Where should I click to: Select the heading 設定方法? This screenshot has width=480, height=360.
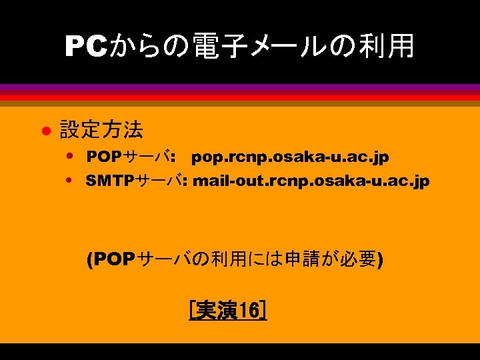click(x=101, y=129)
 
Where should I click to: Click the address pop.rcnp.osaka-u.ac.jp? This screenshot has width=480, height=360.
click(x=290, y=158)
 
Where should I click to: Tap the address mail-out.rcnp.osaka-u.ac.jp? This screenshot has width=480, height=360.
click(x=311, y=181)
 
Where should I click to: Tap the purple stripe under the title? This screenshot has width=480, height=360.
click(x=240, y=88)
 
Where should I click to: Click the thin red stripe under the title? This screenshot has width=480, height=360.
click(x=240, y=97)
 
